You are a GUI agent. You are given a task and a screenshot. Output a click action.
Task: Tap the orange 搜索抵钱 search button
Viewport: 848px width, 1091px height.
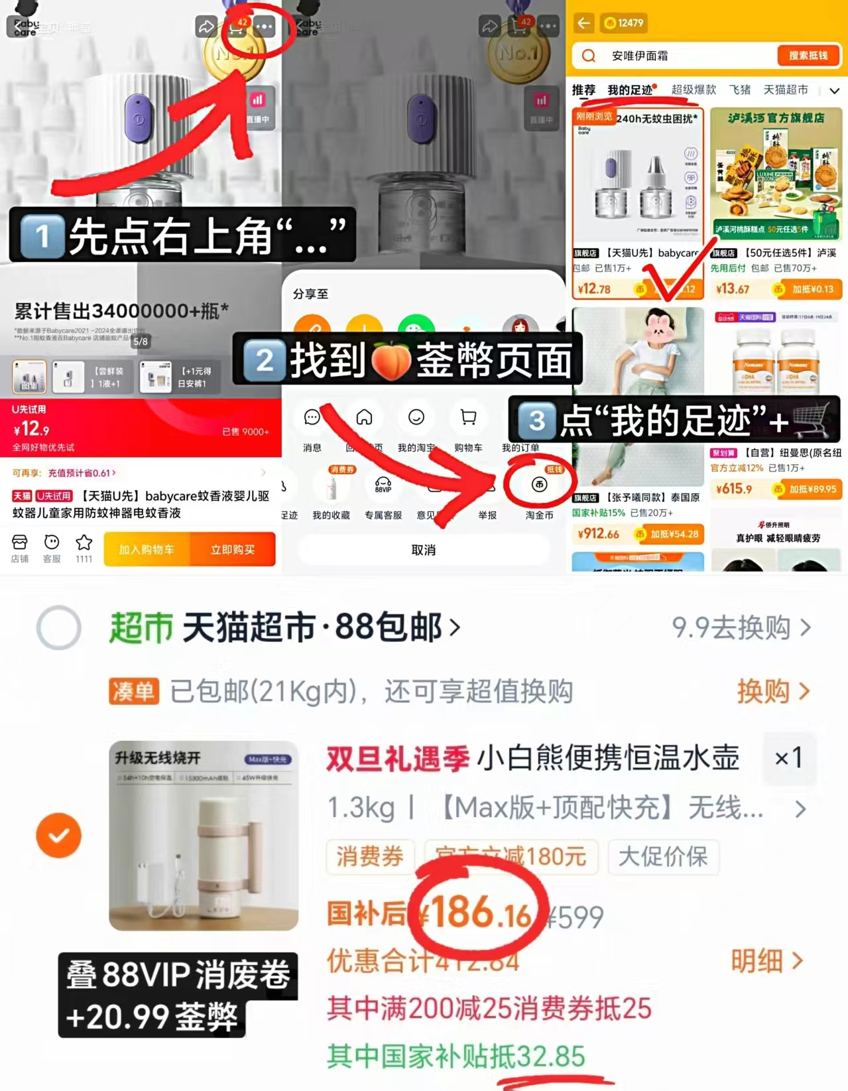[808, 56]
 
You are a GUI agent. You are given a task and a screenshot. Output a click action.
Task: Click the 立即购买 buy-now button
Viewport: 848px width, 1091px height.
[233, 550]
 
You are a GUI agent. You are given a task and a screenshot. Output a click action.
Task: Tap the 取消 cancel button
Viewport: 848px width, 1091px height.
[424, 550]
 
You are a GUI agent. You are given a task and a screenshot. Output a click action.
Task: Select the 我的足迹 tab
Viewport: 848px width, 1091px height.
[630, 90]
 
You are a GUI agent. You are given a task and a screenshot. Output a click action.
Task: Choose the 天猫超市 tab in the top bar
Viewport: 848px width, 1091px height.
[786, 90]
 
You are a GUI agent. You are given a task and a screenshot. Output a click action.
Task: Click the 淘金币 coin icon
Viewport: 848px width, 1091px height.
[539, 485]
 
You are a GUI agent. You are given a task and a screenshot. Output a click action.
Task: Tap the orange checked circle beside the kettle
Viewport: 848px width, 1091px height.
[59, 835]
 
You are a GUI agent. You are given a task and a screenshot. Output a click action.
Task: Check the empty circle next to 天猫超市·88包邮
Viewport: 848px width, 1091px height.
[59, 627]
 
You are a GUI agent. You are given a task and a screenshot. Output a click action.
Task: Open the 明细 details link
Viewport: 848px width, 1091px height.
[766, 960]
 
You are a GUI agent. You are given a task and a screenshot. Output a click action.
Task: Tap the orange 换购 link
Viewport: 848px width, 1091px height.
[772, 692]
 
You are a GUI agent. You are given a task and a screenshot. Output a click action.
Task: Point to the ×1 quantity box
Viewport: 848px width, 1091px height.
[788, 757]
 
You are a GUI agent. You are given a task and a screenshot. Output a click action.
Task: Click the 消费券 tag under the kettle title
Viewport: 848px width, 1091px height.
[370, 856]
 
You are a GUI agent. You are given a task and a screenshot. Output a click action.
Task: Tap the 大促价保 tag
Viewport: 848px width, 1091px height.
[663, 856]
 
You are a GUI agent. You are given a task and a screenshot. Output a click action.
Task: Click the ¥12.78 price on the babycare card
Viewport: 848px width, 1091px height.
[595, 289]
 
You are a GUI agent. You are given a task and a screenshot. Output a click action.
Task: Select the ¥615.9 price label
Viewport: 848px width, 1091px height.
[734, 489]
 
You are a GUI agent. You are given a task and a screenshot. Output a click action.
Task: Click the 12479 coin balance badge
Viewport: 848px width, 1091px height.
[624, 23]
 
